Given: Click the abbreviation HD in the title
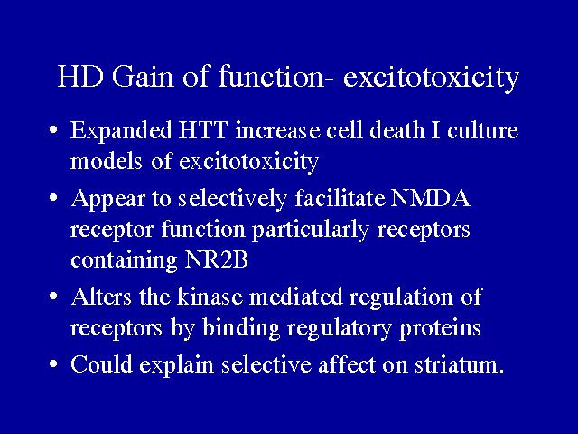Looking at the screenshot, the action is [x=79, y=77].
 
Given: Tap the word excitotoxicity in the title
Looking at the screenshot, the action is [x=431, y=79].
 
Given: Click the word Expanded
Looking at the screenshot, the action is [x=121, y=131].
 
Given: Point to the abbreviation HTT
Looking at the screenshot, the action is [x=202, y=130].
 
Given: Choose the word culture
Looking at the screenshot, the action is [x=482, y=130].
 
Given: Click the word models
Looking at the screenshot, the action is [x=107, y=161].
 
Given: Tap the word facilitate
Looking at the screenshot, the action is [x=340, y=198].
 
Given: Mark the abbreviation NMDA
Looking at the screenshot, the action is [x=431, y=198].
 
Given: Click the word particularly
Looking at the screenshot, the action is [x=311, y=230].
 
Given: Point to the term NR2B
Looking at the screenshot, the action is [x=216, y=259].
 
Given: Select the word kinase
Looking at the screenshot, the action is [x=210, y=297].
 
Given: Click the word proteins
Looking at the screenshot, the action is [x=440, y=328].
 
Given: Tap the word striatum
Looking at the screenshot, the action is [x=460, y=364].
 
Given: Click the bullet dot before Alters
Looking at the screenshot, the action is [x=53, y=297].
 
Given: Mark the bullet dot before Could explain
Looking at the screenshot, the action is [x=53, y=364].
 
